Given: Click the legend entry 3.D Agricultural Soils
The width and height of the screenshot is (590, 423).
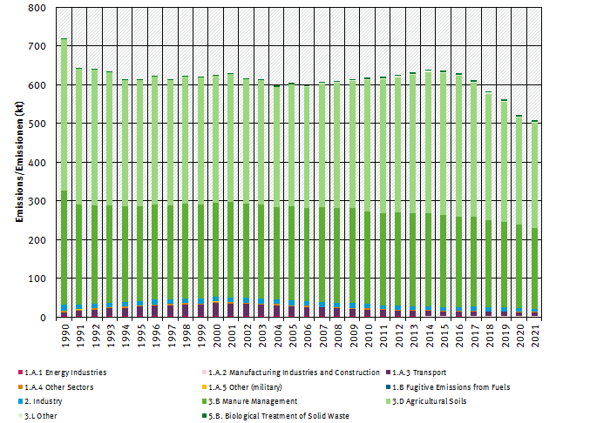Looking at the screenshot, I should coord(428,401).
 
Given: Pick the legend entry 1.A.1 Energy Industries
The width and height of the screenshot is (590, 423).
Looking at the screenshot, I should coord(65,373).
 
